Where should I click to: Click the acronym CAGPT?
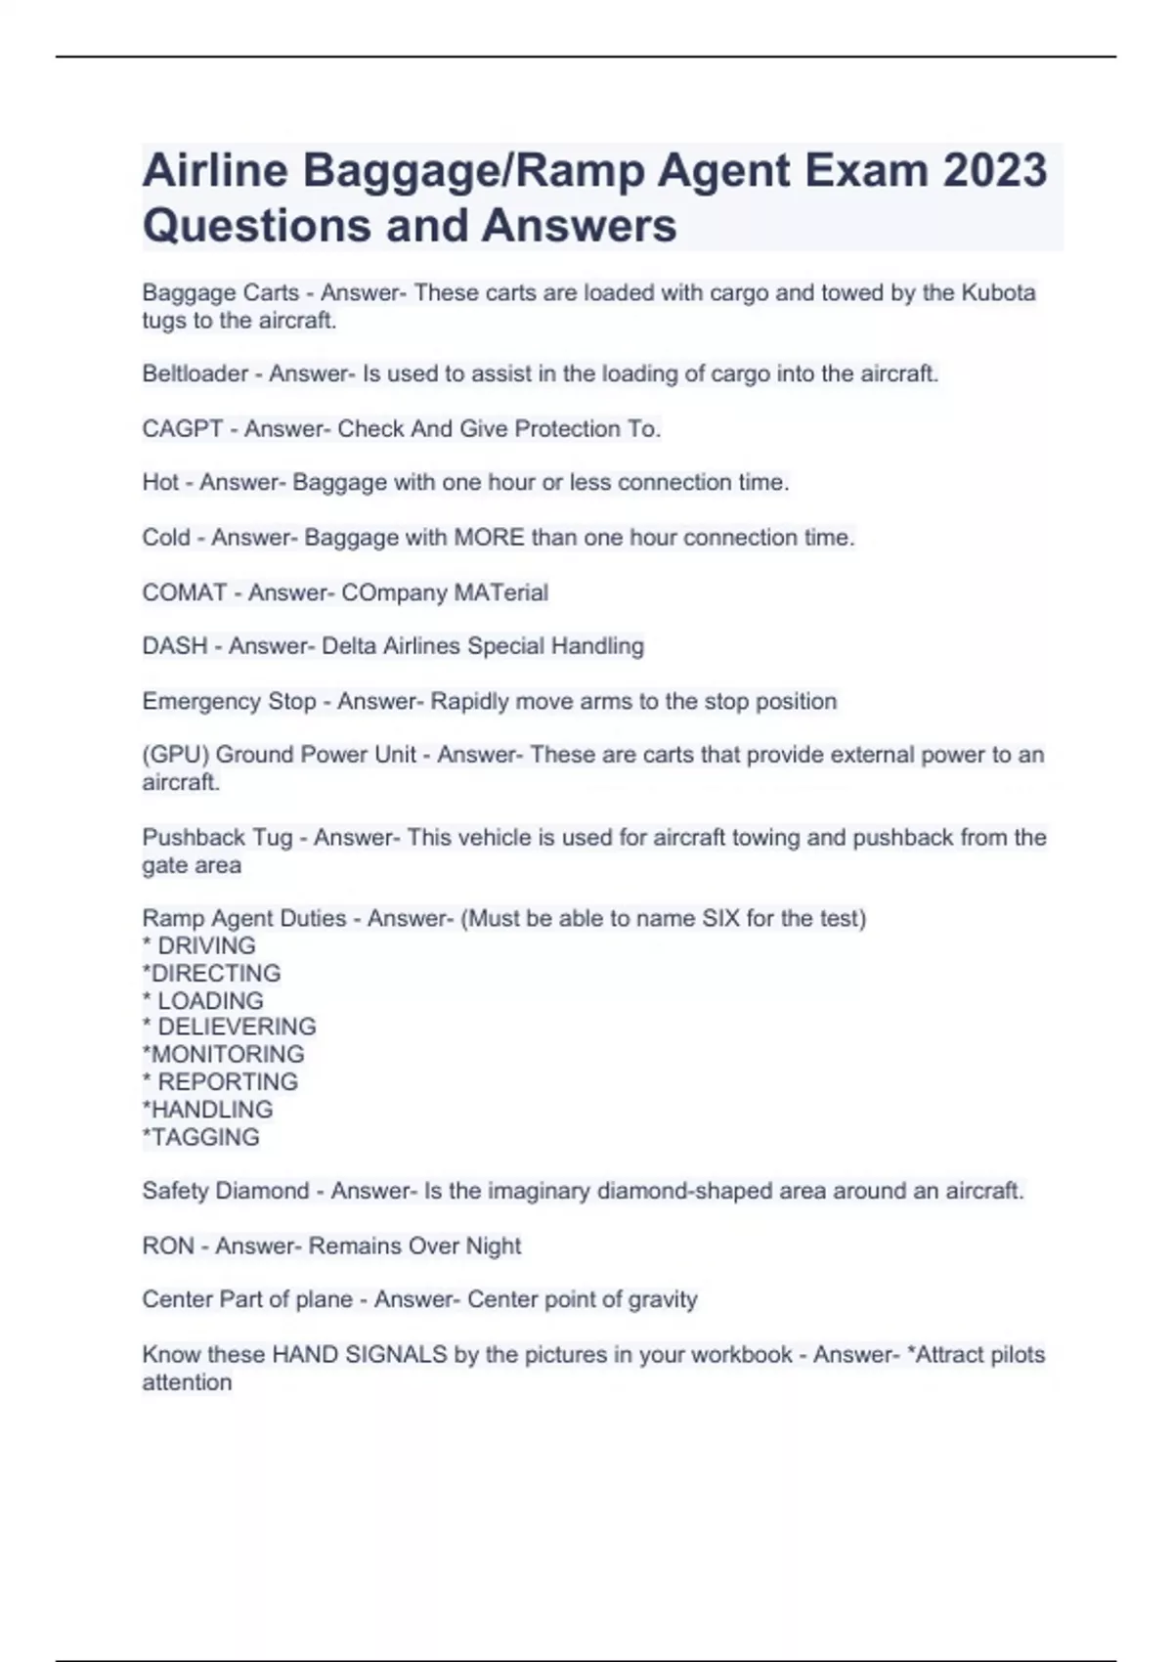(x=183, y=428)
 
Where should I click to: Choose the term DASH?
(x=175, y=646)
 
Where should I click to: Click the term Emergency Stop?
(x=229, y=701)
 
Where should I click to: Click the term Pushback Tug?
(x=217, y=838)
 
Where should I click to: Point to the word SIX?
(x=721, y=919)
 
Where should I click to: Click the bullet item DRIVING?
(x=206, y=946)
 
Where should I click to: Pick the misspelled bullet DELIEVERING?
(x=237, y=1027)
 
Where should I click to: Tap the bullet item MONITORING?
(x=228, y=1054)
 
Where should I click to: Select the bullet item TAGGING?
(x=205, y=1137)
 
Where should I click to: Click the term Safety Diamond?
(x=225, y=1191)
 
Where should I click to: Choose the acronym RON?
(x=168, y=1246)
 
